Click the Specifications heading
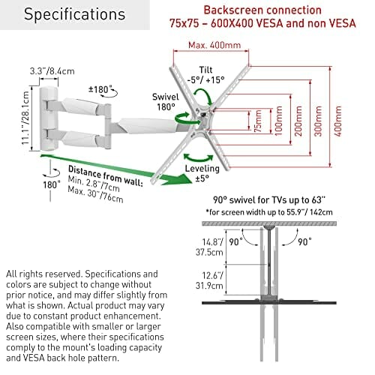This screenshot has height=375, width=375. coord(74,14)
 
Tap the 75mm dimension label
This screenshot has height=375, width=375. coord(258,121)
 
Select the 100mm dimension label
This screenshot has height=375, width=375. coord(278,121)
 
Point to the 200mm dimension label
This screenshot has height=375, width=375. coord(298,121)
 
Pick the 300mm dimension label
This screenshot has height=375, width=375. coord(318,121)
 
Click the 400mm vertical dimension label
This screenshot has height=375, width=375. coord(337,121)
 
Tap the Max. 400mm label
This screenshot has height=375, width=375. coord(214,45)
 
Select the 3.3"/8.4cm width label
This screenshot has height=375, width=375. coord(52,71)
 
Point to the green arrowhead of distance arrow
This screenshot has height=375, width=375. coord(178,179)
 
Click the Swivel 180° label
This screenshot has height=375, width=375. coord(166,102)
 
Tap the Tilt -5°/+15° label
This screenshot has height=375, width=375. coord(205,75)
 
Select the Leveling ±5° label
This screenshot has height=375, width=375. coord(202,173)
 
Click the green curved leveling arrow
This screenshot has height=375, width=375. coord(198,159)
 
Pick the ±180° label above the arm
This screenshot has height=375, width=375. coord(99,89)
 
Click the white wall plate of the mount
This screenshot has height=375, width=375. coord(49,118)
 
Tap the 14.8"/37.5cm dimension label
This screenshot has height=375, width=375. coord(209,247)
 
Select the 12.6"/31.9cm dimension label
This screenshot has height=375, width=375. coord(209,280)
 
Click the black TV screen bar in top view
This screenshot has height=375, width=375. coord(269,303)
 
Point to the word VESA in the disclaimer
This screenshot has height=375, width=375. coord(34,358)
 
